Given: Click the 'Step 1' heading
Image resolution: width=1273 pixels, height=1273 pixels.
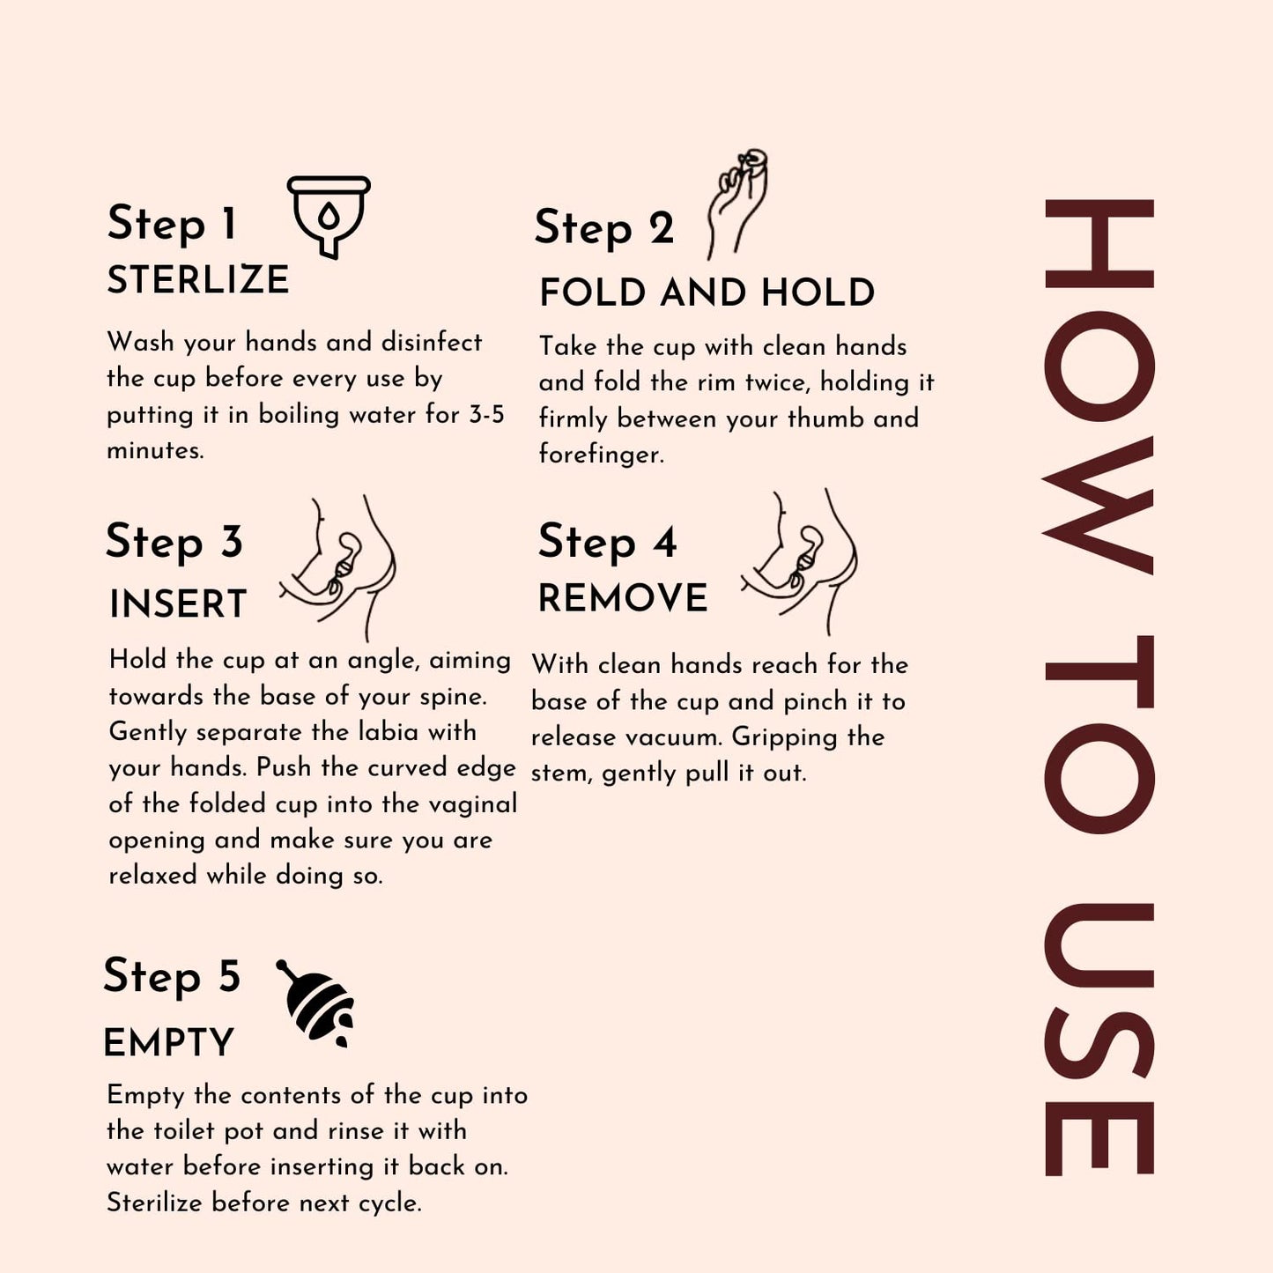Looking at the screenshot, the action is [x=172, y=223].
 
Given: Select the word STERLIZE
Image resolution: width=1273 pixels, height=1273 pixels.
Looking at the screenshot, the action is [x=198, y=279].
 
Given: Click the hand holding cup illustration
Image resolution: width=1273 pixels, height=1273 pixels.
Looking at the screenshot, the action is [x=737, y=204].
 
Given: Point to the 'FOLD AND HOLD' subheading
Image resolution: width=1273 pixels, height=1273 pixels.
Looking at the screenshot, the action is [x=707, y=292].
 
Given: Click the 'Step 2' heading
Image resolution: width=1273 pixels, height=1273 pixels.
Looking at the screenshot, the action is [x=603, y=228].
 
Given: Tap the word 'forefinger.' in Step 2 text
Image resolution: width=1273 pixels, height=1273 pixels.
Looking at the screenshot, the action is [x=601, y=454].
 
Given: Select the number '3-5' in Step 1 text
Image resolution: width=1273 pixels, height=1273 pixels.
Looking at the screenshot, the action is [x=487, y=414].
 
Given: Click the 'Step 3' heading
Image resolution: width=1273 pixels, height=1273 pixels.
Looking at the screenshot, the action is [x=174, y=542].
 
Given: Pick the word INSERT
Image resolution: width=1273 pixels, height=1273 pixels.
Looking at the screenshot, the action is [x=178, y=603].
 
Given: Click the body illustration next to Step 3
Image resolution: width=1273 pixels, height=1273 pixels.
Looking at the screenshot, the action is [x=337, y=566].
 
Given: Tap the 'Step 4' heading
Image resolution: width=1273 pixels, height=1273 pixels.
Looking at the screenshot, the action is [x=607, y=543].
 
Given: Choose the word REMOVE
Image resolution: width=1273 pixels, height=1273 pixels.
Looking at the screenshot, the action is [x=622, y=598].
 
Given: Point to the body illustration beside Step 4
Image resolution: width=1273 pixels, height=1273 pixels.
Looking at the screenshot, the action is [x=798, y=561].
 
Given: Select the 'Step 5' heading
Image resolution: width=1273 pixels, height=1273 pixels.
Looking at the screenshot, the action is [x=172, y=976].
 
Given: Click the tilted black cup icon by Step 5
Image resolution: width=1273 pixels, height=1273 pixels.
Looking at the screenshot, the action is [x=315, y=1003].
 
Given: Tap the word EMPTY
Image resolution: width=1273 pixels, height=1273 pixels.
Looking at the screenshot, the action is [x=168, y=1043].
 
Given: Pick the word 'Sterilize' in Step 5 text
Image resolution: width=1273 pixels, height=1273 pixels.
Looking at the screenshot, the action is [x=154, y=1203].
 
